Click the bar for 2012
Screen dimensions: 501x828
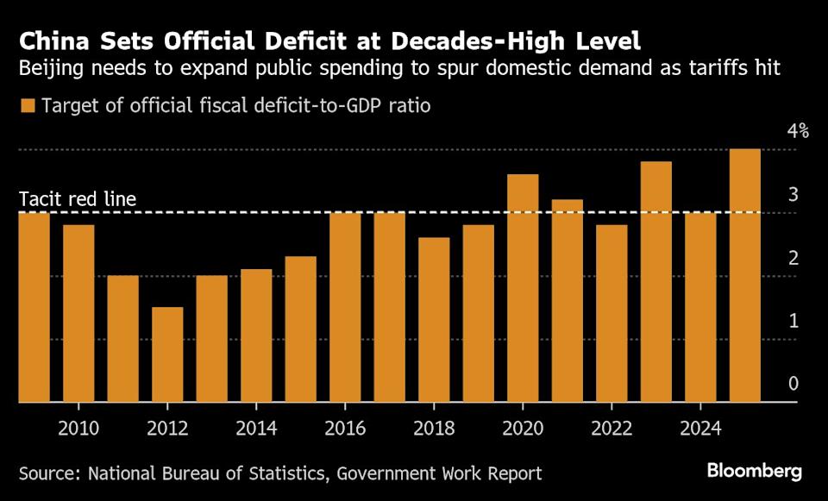coord(167,354)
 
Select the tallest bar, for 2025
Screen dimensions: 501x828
coord(744,275)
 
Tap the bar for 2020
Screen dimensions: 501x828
coord(523,288)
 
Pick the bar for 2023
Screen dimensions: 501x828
coord(655,282)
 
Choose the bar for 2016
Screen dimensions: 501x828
coord(345,307)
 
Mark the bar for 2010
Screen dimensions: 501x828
coord(78,313)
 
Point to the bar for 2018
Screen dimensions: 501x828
coord(434,319)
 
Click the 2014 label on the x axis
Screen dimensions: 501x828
coord(256,429)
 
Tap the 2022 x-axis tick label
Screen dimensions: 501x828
coord(612,429)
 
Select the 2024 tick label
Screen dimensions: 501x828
coord(699,429)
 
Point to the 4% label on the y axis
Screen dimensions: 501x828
coord(797,132)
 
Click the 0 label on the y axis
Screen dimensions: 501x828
coord(793,384)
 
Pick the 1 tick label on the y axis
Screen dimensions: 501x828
coord(793,321)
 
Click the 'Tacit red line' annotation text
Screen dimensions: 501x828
coord(78,199)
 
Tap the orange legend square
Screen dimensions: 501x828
coord(28,106)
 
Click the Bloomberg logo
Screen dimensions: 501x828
coord(755,471)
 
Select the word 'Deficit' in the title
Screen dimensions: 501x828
coord(309,41)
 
